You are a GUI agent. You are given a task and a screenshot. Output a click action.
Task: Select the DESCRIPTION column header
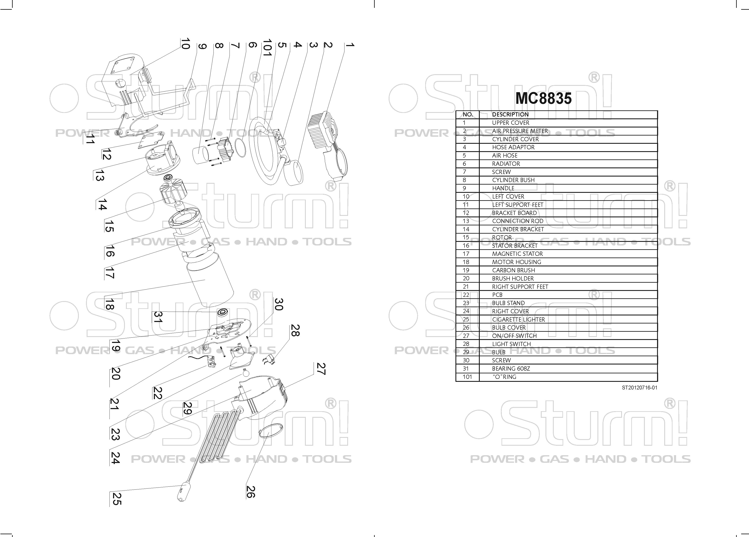pos(510,115)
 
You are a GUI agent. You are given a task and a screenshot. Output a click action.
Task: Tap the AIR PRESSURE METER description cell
pos(520,131)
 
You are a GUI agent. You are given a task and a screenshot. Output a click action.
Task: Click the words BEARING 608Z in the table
pos(511,369)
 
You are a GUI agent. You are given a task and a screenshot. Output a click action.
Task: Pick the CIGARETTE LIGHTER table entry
pos(518,319)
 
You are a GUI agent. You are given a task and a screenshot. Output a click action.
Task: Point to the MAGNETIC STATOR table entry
pos(517,254)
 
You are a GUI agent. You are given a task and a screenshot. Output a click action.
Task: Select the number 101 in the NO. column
pos(467,377)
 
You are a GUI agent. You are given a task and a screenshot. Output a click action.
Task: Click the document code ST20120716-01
pos(639,388)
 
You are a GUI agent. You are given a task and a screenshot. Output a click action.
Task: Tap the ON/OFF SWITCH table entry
pos(514,336)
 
